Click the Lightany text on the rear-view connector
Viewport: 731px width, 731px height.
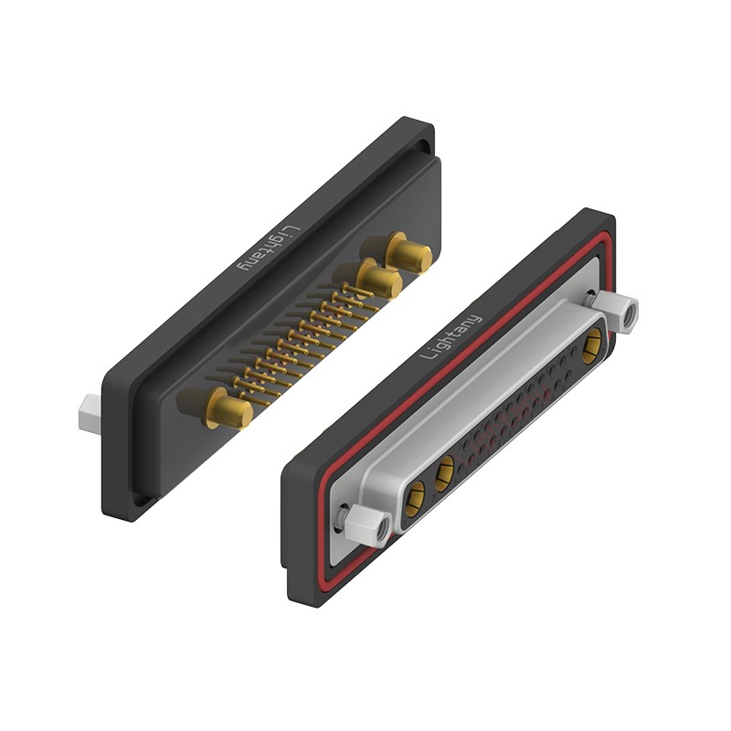coord(270,249)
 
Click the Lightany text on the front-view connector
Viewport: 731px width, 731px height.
coord(450,336)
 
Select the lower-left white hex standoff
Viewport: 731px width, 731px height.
coord(367,524)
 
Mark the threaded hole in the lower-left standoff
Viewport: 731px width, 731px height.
coord(384,529)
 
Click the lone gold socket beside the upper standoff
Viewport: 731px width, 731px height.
coord(592,346)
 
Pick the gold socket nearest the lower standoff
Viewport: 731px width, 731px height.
coord(415,499)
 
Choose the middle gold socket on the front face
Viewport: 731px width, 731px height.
coord(445,473)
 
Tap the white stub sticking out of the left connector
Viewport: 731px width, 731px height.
coord(90,414)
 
